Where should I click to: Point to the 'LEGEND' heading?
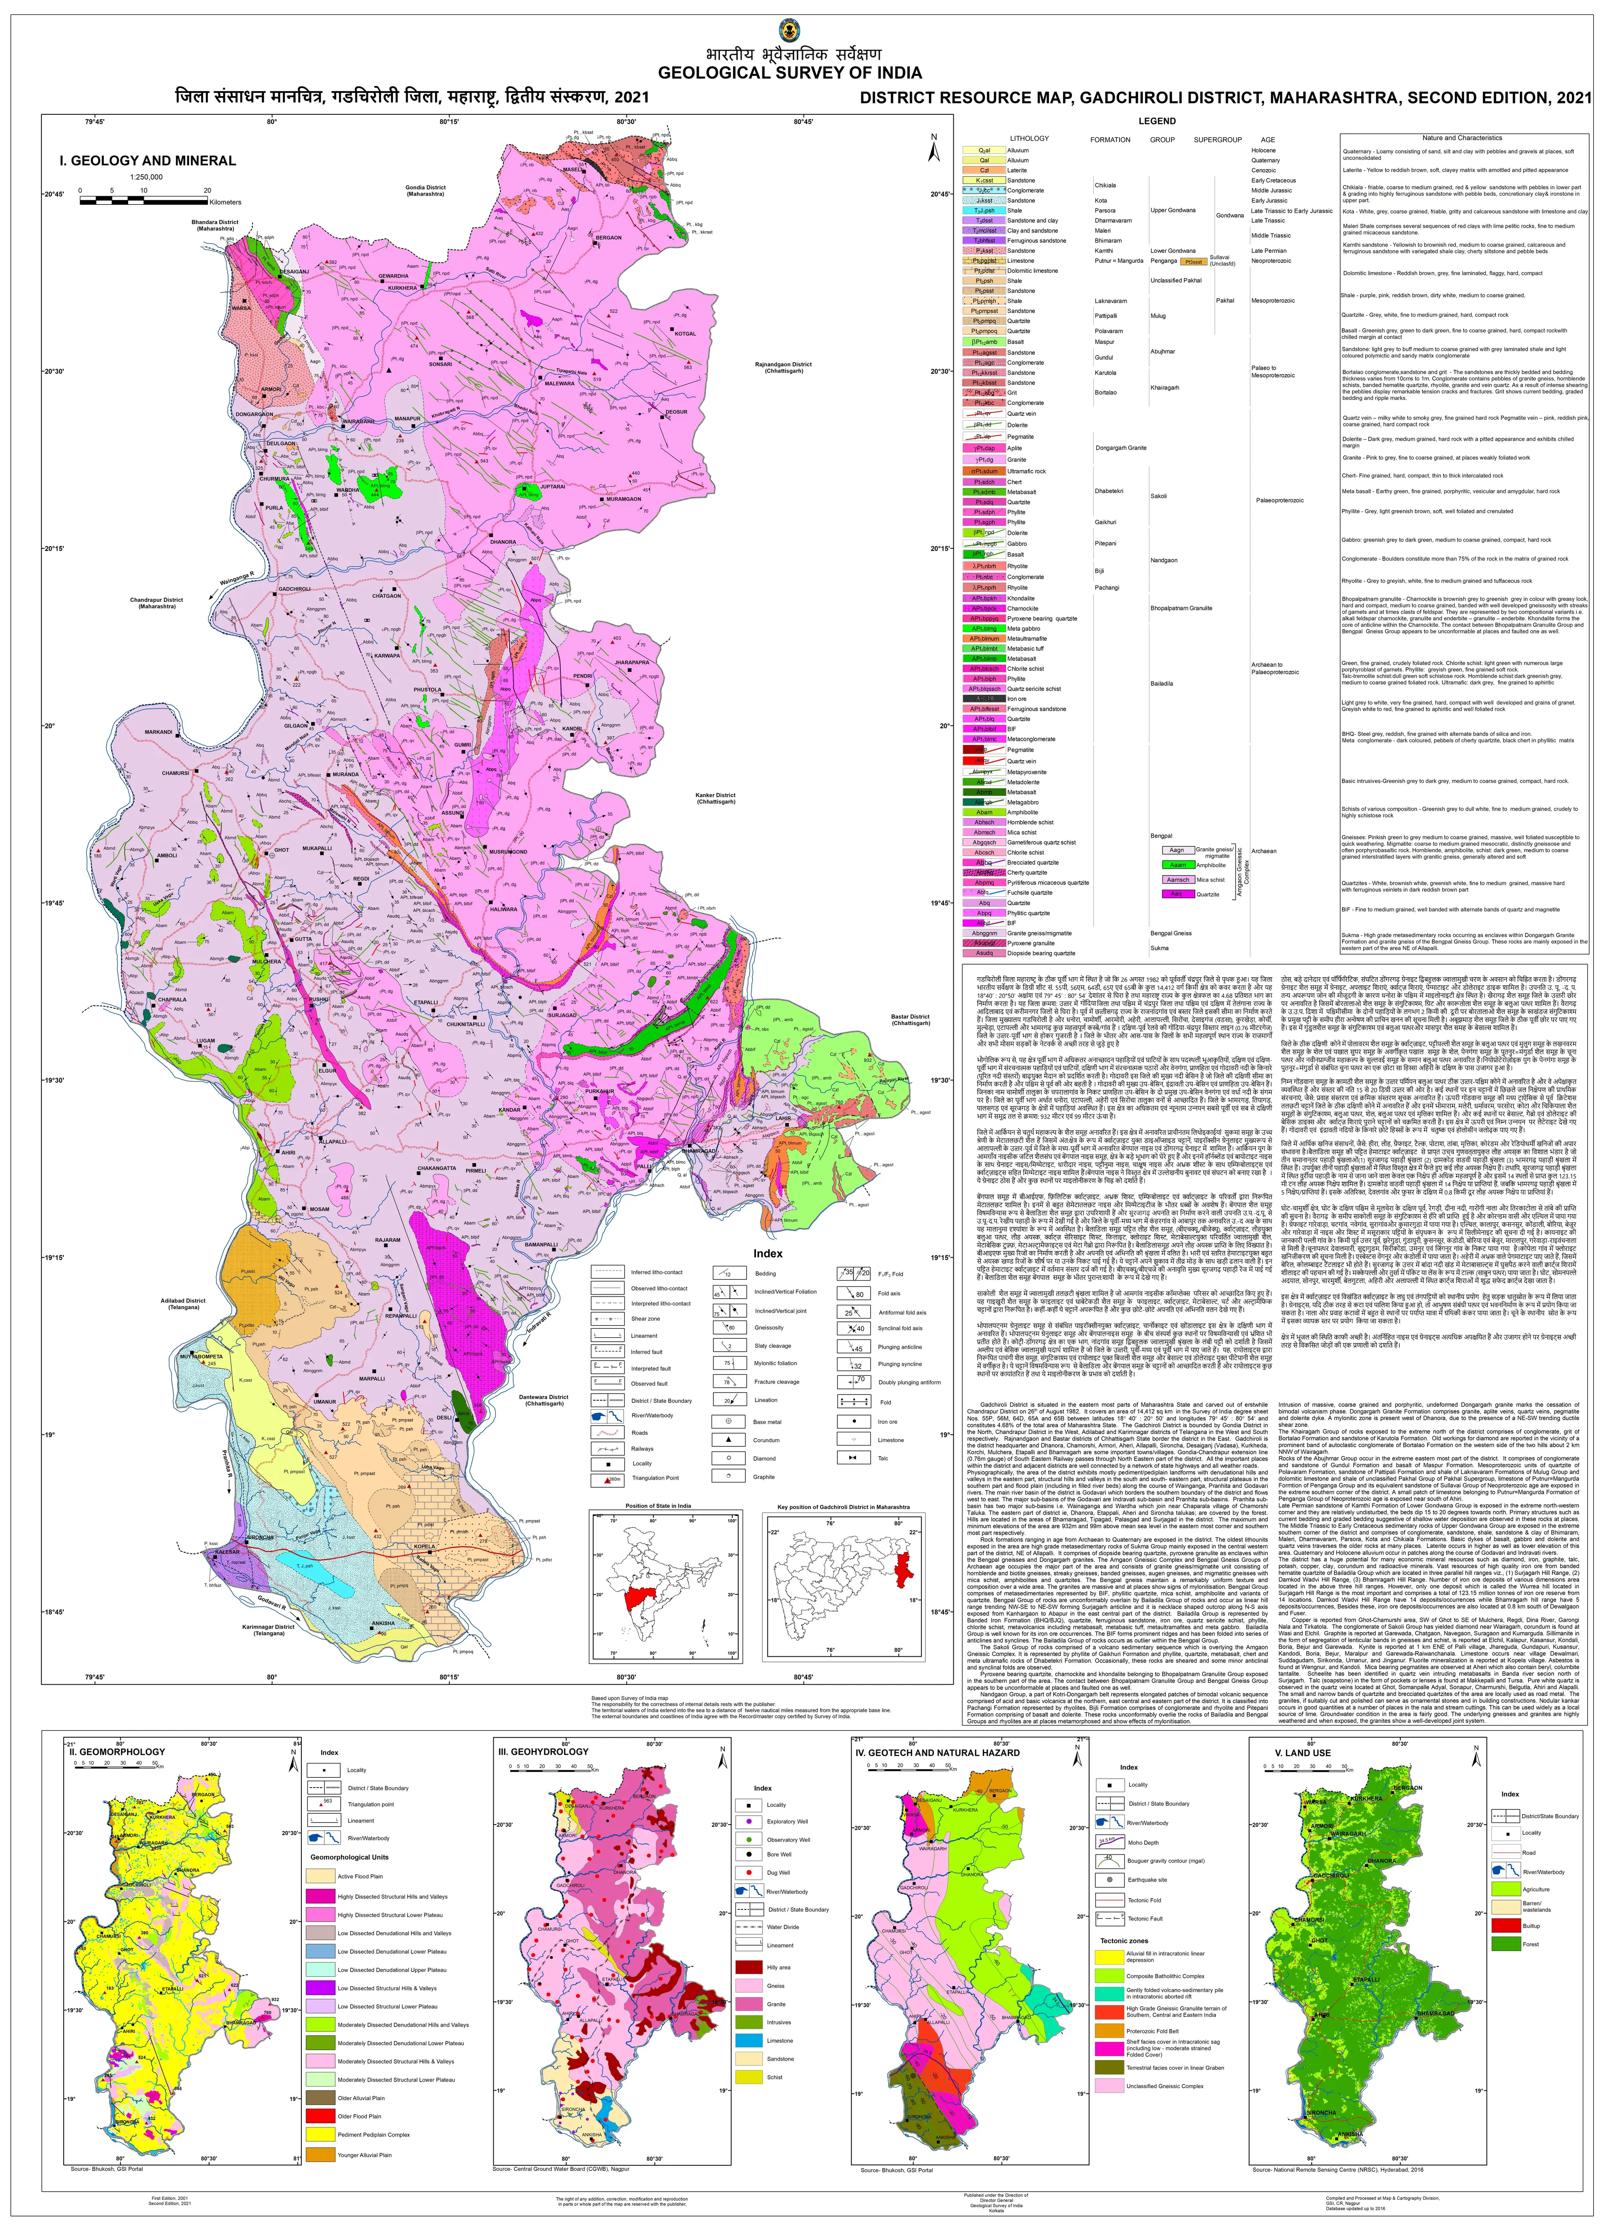tap(1156, 121)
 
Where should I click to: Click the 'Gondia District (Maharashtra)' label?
tap(425, 191)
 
